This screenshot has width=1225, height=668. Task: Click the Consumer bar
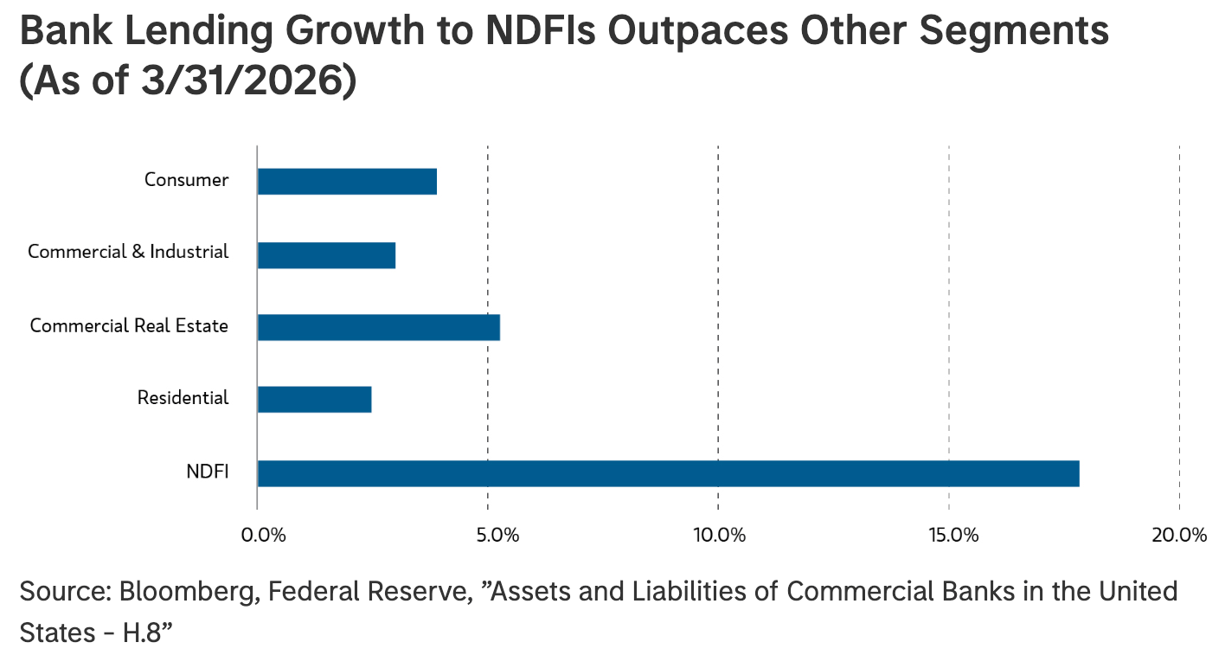(347, 181)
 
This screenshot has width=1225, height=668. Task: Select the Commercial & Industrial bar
(326, 255)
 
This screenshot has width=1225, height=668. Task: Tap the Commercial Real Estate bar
(378, 327)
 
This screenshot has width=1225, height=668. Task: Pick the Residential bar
(314, 400)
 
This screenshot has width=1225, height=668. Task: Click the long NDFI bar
(668, 473)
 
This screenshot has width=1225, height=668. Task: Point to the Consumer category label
(187, 180)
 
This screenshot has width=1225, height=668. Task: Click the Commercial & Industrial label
(128, 252)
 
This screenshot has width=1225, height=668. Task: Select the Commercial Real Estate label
(129, 325)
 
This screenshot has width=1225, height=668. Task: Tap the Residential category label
(183, 398)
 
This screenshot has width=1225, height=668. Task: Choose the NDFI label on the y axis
(208, 472)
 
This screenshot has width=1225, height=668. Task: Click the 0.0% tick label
(263, 535)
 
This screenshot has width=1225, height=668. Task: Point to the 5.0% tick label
(497, 535)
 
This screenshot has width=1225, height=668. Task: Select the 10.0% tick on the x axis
(719, 535)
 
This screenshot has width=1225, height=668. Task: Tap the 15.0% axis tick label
(953, 535)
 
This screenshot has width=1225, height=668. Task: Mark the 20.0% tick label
(1179, 535)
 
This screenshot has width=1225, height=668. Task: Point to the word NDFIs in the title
(541, 30)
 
